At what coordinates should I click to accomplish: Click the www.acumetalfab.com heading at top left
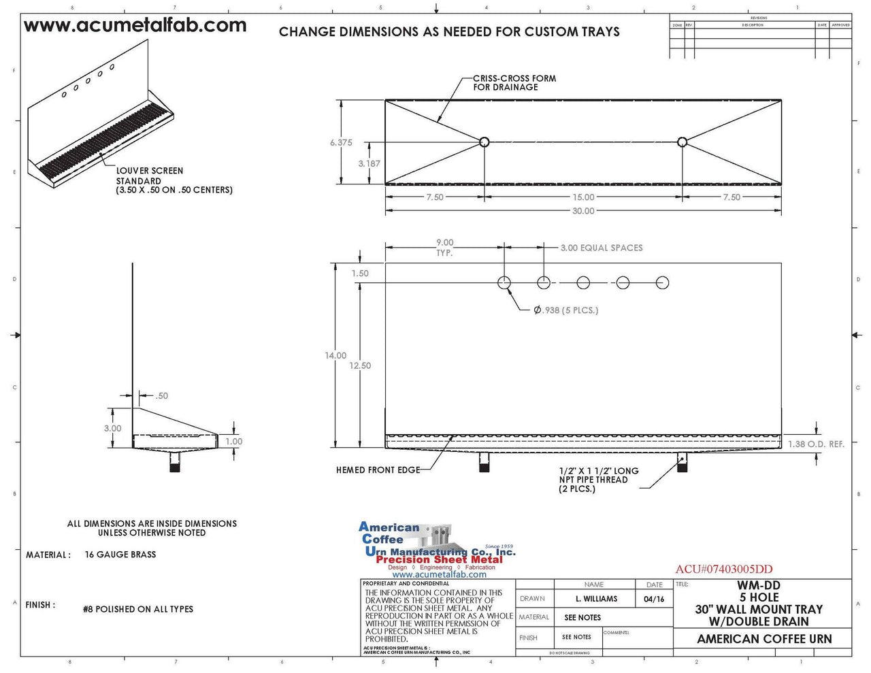pos(135,26)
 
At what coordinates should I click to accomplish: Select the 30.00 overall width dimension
pos(582,211)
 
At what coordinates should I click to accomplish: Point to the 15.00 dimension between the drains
pos(582,197)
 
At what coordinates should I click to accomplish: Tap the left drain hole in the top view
pos(484,142)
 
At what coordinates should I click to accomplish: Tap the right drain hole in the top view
pos(682,142)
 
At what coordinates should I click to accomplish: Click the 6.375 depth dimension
pos(341,143)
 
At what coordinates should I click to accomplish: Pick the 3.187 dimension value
pos(369,164)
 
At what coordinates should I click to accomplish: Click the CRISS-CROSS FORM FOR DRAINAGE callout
pos(514,83)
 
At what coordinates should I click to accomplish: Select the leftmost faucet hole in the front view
pos(504,282)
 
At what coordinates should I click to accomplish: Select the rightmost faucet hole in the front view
pos(662,282)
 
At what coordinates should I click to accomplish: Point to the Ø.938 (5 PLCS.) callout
pos(565,310)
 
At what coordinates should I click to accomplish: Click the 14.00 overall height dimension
pos(335,356)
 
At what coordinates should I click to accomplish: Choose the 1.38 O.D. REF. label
pos(816,444)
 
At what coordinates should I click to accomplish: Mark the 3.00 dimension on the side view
pos(112,429)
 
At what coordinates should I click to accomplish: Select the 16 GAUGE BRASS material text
pos(120,555)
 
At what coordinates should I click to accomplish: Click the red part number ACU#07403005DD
pos(723,570)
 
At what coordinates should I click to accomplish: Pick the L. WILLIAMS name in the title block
pos(595,599)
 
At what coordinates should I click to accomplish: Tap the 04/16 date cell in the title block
pos(653,599)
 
